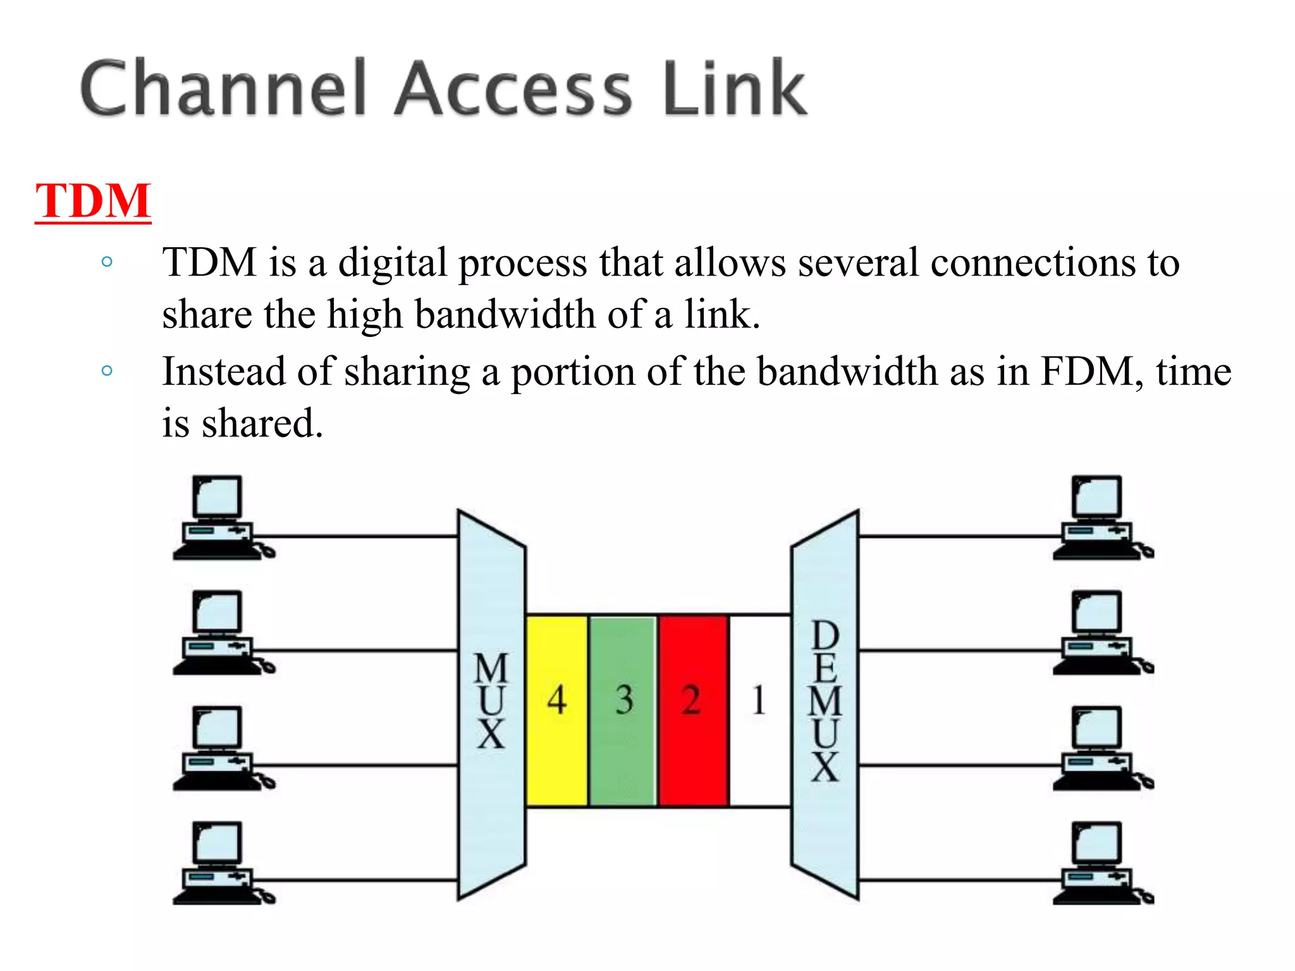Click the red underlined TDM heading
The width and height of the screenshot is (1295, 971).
[93, 201]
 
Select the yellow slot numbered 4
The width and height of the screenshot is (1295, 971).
[556, 711]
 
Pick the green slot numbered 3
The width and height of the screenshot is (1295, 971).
[623, 711]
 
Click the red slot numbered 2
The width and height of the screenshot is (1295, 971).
[693, 711]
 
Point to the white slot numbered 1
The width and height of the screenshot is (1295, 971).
[759, 711]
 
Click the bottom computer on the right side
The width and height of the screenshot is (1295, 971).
[1100, 864]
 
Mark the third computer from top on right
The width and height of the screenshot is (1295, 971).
[1100, 748]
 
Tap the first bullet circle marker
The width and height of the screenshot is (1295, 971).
[107, 262]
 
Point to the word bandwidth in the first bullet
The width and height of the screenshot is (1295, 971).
[505, 314]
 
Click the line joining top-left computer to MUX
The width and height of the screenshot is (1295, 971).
[360, 536]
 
